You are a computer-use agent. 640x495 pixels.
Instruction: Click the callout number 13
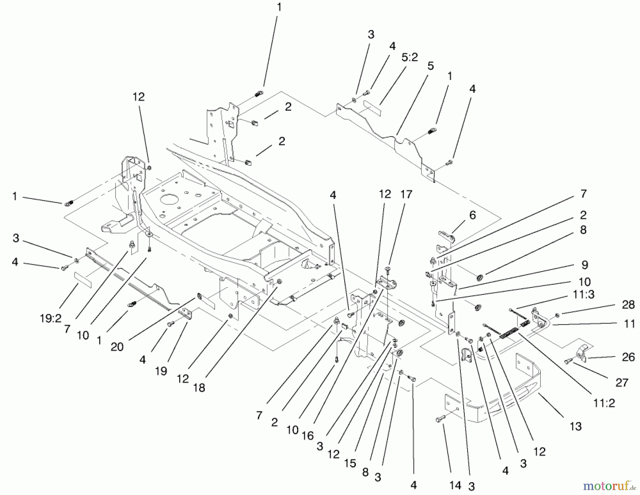click(x=575, y=426)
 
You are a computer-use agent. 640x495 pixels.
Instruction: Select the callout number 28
click(x=628, y=305)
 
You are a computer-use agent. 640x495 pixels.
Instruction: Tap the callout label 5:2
click(x=410, y=57)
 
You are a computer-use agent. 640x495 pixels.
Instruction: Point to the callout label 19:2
click(x=51, y=319)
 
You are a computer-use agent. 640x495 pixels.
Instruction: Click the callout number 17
click(x=406, y=194)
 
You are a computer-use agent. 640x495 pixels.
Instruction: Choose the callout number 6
click(x=472, y=215)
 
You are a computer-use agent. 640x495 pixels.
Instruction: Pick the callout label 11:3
click(x=583, y=295)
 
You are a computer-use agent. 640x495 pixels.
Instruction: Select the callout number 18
click(x=199, y=388)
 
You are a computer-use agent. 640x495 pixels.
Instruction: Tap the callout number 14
click(x=455, y=485)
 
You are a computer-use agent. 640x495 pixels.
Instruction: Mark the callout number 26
click(x=628, y=357)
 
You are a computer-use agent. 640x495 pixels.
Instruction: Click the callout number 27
click(x=622, y=383)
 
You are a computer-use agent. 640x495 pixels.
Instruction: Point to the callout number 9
click(x=585, y=265)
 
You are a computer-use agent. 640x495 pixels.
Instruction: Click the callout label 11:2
click(x=604, y=403)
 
